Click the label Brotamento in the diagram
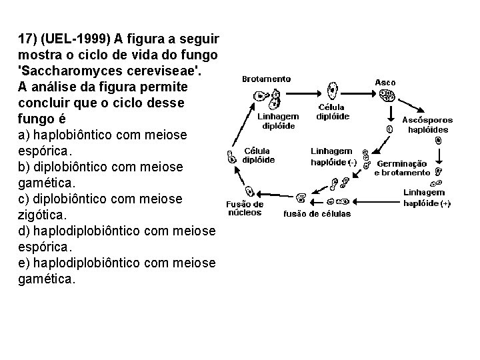pyautogui.click(x=266, y=79)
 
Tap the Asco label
pyautogui.click(x=385, y=83)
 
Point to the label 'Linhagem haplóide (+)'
pyautogui.click(x=427, y=198)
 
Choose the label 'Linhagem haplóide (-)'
pyautogui.click(x=333, y=157)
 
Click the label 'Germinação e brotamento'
pyautogui.click(x=402, y=168)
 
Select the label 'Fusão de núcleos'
pyautogui.click(x=245, y=209)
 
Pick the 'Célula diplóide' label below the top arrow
pyautogui.click(x=332, y=111)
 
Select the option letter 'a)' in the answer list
pyautogui.click(x=24, y=135)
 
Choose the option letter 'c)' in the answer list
pyautogui.click(x=24, y=199)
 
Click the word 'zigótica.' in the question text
pyautogui.click(x=41, y=215)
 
